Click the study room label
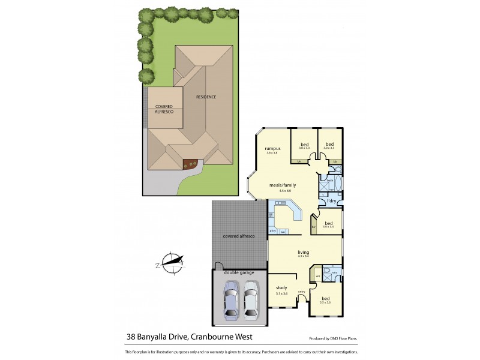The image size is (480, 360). coord(281,287)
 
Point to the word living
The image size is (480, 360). coord(304,252)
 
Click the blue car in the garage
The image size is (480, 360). coord(230,298)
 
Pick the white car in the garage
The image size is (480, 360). coord(251,298)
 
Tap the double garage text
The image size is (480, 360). coord(239,272)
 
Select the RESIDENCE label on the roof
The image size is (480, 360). coord(206,97)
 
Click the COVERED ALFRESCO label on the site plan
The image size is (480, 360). coord(164,109)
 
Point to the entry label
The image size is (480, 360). coord(301,292)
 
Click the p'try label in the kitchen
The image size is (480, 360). coord(272,231)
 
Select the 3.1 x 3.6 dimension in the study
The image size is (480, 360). coord(281,293)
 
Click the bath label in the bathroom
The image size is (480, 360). coord(331,179)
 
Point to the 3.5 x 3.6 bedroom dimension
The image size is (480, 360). coord(326,303)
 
